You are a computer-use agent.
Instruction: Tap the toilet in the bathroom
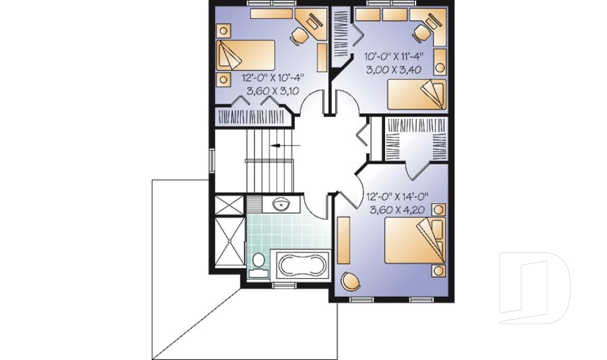258,264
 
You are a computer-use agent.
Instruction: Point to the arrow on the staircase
279,146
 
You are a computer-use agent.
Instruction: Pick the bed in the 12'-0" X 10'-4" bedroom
246,55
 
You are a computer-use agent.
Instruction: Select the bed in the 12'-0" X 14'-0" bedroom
415,240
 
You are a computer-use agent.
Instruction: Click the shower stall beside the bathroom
229,242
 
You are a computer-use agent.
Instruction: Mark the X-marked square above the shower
229,206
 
